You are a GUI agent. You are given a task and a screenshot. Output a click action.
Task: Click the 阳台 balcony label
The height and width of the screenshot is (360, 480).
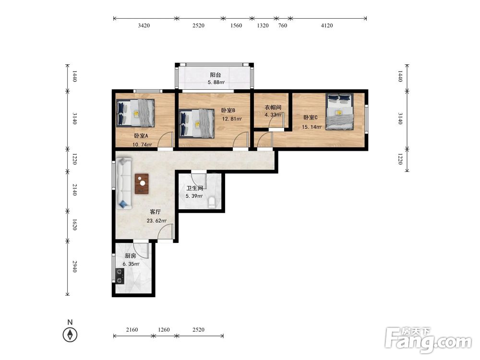[x=216, y=75]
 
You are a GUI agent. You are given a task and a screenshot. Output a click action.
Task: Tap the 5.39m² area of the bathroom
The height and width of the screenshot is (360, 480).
[x=194, y=196]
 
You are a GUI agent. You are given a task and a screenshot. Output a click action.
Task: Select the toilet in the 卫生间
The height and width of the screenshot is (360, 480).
[x=212, y=203]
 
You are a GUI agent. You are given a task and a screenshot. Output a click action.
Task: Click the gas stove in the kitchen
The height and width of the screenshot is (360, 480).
[x=120, y=276]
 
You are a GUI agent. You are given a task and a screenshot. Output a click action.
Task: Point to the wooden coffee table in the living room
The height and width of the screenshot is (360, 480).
[x=142, y=184]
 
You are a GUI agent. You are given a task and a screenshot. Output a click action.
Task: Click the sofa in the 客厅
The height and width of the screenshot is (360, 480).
[x=124, y=183]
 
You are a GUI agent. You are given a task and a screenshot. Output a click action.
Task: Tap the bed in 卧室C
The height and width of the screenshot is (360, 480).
[x=339, y=111]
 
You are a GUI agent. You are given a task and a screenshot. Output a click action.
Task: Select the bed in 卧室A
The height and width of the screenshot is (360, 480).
[x=135, y=113]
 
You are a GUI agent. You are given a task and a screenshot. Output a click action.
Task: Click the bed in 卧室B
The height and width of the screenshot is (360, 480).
[x=196, y=124]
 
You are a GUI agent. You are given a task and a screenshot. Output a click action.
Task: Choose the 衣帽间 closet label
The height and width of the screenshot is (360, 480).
[x=273, y=108]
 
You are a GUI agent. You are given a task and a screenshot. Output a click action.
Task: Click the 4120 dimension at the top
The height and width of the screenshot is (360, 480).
[x=326, y=25]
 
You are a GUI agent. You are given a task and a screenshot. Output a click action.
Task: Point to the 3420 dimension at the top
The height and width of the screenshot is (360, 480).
[x=144, y=25]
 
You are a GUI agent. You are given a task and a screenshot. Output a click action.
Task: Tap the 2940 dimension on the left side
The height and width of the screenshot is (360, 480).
[x=74, y=266]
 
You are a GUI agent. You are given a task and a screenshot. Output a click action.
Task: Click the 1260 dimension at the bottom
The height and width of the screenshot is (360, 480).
[x=164, y=330]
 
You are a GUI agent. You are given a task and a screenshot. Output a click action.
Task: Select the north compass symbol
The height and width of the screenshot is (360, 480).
[x=70, y=332]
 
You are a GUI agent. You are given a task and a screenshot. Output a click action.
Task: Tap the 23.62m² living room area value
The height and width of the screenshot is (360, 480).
[x=156, y=221]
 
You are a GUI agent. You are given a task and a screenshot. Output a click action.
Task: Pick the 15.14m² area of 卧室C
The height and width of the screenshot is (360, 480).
[x=312, y=127]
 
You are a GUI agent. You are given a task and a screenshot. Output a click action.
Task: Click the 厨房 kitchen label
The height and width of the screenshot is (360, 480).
[x=131, y=256]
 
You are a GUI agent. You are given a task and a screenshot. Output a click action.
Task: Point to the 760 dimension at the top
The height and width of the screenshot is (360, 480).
[x=283, y=25]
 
